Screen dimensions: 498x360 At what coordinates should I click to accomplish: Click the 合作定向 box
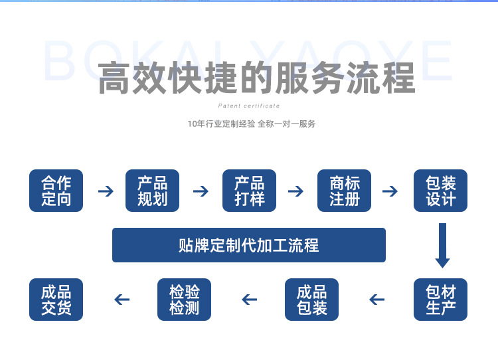pyautogui.click(x=56, y=191)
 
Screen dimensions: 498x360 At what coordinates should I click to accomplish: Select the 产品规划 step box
pyautogui.click(x=153, y=191)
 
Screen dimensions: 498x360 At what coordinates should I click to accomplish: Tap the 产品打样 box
pyautogui.click(x=249, y=191)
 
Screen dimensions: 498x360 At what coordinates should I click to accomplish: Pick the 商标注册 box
pyautogui.click(x=345, y=191)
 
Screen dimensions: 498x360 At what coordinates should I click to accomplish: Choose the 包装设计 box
pyautogui.click(x=441, y=191)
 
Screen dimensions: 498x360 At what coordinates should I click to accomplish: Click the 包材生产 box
pyautogui.click(x=441, y=300)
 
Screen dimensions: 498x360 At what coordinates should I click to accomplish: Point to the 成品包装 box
pyautogui.click(x=312, y=300)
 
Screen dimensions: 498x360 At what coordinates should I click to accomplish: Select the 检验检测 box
pyautogui.click(x=185, y=300)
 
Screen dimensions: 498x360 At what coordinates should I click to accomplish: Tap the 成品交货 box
pyautogui.click(x=56, y=300)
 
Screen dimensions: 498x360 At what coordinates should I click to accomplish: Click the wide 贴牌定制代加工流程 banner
pyautogui.click(x=249, y=245)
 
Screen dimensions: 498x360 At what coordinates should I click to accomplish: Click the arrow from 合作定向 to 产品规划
pyautogui.click(x=106, y=191)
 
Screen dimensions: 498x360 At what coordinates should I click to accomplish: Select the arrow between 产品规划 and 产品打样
pyautogui.click(x=201, y=191)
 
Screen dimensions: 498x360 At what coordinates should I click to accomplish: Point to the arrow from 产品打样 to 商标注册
pyautogui.click(x=296, y=191)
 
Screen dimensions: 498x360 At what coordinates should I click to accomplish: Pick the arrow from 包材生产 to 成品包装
pyautogui.click(x=377, y=300)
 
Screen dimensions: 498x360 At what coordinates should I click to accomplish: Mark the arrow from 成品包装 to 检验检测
pyautogui.click(x=249, y=300)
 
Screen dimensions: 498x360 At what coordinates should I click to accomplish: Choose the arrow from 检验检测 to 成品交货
pyautogui.click(x=122, y=300)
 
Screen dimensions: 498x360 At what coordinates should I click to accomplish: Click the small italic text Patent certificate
pyautogui.click(x=249, y=106)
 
